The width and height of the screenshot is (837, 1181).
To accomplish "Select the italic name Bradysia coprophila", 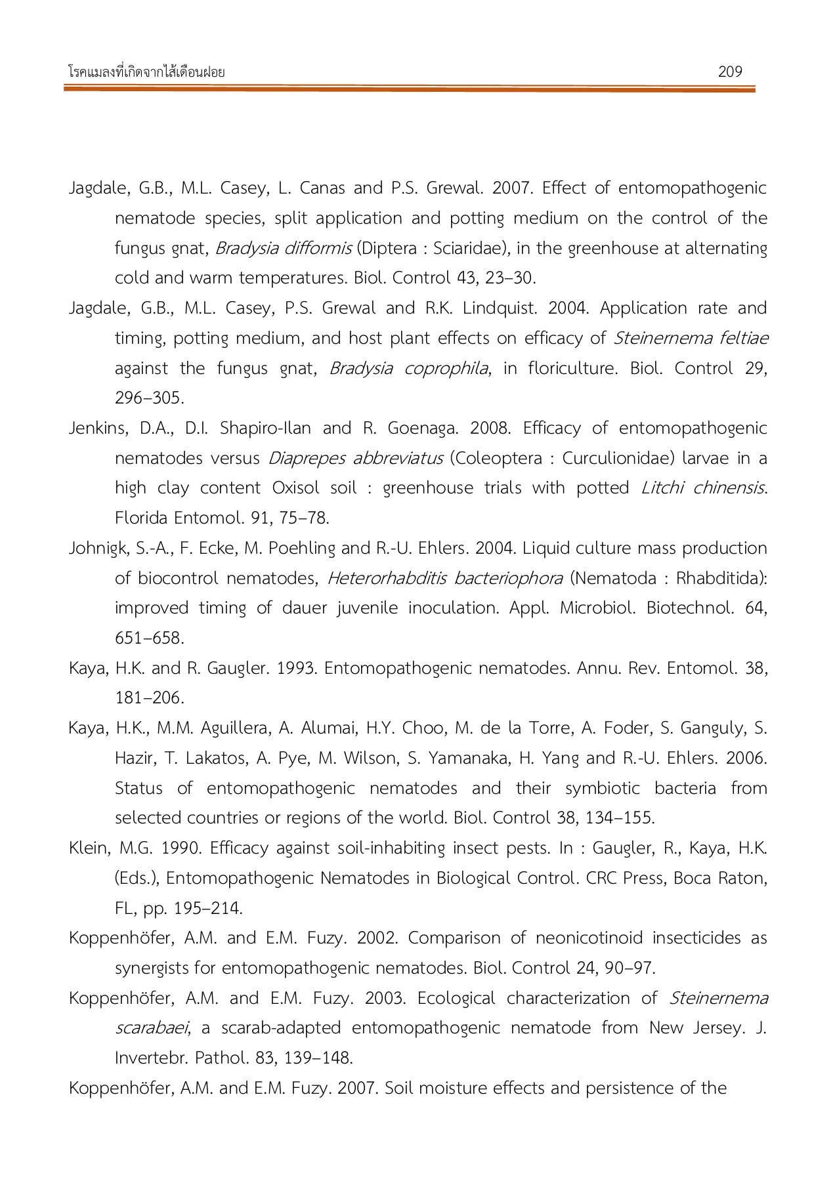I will click(408, 369).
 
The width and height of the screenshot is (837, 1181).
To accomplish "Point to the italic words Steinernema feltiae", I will click(690, 339).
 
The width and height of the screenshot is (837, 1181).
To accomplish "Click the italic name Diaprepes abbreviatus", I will click(355, 459).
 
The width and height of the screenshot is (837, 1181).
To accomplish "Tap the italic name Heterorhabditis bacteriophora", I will click(444, 579).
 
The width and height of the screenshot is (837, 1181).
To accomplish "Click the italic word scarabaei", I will click(152, 1028).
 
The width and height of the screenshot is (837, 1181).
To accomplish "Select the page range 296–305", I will click(149, 398).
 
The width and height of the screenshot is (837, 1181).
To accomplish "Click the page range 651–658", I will click(149, 638).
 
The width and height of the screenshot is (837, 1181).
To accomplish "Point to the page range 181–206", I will click(149, 698).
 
